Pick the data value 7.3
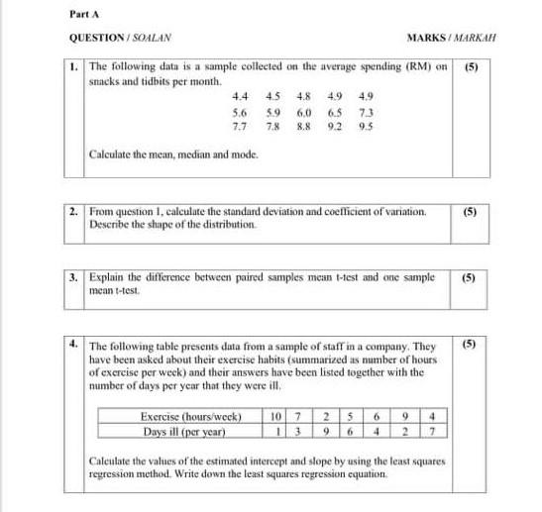tap(366, 112)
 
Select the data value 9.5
tap(366, 127)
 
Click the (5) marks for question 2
tap(473, 211)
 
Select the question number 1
tap(75, 66)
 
